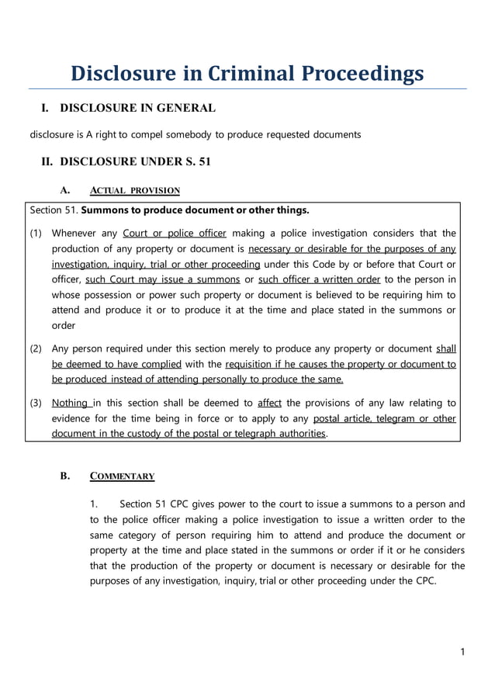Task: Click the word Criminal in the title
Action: pos(251,74)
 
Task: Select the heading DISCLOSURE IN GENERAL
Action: pos(137,108)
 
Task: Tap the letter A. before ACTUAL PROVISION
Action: pos(65,190)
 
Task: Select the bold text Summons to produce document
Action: pos(171,210)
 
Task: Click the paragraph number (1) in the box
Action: pos(36,233)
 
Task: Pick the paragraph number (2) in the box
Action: pos(36,348)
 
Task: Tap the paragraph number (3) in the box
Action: pos(36,403)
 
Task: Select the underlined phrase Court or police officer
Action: pos(175,233)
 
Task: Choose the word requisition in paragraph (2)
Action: pos(253,364)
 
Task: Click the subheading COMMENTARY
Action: pos(123,476)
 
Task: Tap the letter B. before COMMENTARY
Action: pos(65,476)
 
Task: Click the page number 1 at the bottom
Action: pos(462,652)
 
